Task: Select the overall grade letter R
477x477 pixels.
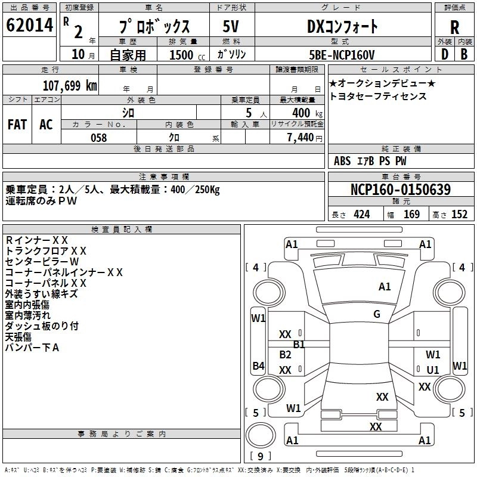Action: click(x=454, y=27)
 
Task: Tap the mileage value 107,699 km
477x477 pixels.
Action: click(x=70, y=85)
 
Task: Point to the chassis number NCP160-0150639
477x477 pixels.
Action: click(x=401, y=190)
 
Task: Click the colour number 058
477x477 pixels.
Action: click(x=98, y=138)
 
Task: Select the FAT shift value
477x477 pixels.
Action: click(x=17, y=125)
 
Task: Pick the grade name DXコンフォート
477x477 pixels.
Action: click(x=342, y=27)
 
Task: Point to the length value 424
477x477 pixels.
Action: click(x=361, y=215)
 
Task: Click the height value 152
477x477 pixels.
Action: click(x=459, y=215)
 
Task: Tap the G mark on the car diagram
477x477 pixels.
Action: click(x=377, y=314)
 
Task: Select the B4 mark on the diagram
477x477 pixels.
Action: click(x=258, y=366)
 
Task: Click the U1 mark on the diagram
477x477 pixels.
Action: click(x=433, y=370)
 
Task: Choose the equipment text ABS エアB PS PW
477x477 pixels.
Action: click(x=370, y=161)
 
